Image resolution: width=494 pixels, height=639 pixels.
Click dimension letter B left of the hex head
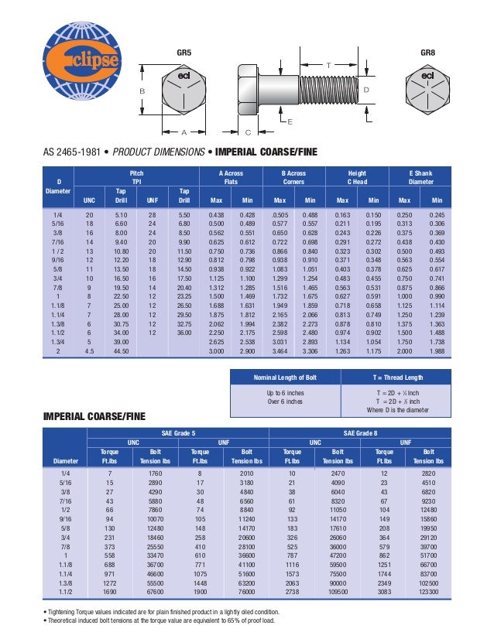coord(142,91)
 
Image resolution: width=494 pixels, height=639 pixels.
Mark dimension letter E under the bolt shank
coord(289,123)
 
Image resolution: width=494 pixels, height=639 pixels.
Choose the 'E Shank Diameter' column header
coord(420,178)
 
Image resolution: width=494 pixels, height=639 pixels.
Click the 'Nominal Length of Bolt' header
coord(286,377)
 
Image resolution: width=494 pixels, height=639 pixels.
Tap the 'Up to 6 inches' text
coord(286,393)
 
